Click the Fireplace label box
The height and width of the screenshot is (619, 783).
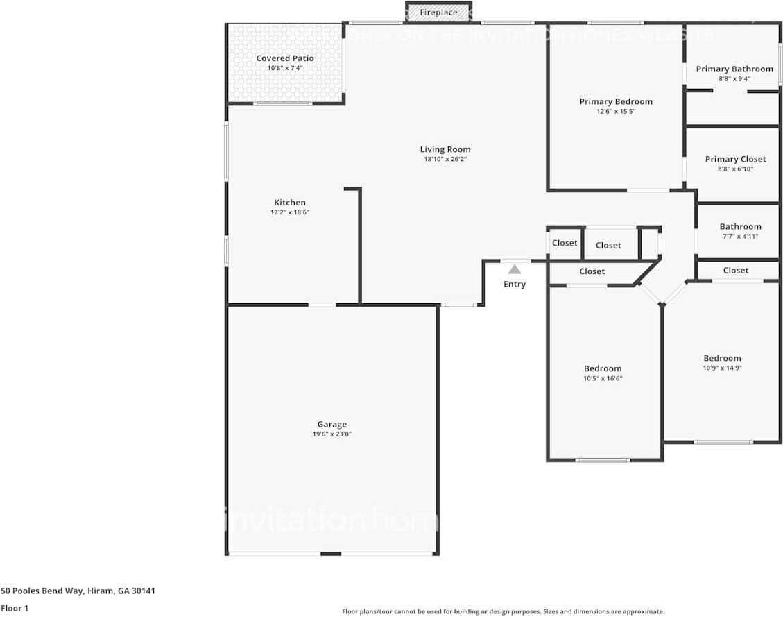tap(438, 12)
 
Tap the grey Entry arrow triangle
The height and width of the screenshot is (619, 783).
tap(515, 269)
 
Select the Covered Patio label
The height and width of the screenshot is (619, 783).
tap(285, 58)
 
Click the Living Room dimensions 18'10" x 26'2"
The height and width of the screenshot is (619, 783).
tap(445, 160)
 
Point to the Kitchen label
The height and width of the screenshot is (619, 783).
tap(289, 203)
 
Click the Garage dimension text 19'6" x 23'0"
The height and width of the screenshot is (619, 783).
tap(332, 434)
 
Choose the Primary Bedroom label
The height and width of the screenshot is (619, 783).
tap(616, 102)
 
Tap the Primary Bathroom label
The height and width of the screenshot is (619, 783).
tap(734, 69)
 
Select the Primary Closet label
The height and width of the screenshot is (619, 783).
tap(735, 160)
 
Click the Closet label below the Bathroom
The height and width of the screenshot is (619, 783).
tap(735, 271)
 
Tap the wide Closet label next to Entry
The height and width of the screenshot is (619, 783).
tap(592, 272)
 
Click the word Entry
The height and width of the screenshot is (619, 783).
tap(515, 285)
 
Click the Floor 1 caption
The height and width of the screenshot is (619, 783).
tap(14, 608)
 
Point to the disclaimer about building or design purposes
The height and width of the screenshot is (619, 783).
tap(503, 612)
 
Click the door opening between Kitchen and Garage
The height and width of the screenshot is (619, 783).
tap(322, 305)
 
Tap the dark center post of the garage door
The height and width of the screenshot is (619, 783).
tap(331, 554)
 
